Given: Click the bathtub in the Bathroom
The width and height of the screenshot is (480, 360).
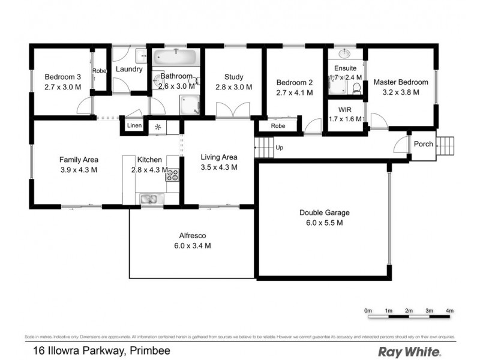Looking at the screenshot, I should (174, 59).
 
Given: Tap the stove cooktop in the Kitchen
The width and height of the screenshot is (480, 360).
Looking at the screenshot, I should (172, 175).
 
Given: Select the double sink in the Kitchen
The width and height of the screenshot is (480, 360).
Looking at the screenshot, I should (148, 198).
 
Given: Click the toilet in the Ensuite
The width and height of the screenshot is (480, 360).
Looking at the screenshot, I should (356, 89).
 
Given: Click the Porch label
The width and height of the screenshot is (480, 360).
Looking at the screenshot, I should (424, 144).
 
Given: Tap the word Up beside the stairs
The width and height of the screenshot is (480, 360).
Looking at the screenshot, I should (279, 147).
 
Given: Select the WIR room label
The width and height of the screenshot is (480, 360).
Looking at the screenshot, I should (345, 109).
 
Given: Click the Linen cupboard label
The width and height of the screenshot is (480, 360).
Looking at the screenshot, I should (134, 126).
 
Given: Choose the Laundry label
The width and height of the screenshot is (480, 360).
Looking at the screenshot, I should (129, 69).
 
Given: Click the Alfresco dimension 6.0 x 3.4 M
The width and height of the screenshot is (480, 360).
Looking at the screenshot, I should (192, 245).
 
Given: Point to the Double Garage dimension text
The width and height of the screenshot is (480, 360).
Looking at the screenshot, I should (325, 223).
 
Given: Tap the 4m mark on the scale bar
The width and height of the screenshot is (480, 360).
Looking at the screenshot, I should (449, 310).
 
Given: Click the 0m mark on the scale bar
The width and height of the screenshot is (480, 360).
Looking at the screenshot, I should (368, 310).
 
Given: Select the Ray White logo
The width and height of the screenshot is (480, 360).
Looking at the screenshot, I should (409, 352).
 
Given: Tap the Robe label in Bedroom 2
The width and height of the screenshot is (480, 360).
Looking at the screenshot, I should (277, 126).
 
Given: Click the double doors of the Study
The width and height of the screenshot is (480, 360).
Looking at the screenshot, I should (233, 111).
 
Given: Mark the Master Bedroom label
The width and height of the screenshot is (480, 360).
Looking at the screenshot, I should (401, 82).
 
